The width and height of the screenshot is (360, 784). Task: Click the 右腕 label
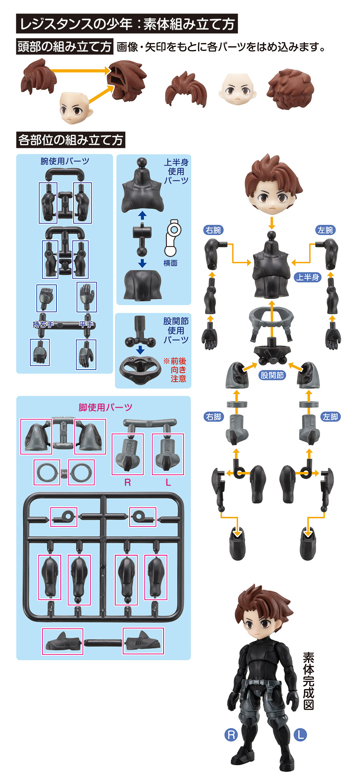click(x=213, y=230)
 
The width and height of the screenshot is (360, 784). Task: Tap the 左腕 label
click(x=325, y=230)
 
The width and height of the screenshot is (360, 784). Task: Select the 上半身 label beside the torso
click(x=308, y=277)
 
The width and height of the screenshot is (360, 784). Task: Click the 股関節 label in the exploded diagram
click(x=272, y=375)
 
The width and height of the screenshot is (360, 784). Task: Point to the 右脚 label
click(x=213, y=417)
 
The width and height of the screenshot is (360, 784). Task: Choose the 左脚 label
click(x=330, y=417)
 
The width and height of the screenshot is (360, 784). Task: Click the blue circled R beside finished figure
click(x=231, y=734)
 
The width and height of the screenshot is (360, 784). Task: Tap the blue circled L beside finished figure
click(x=300, y=734)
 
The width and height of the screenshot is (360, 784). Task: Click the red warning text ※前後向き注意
click(x=175, y=370)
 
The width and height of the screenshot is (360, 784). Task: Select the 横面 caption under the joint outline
click(x=170, y=263)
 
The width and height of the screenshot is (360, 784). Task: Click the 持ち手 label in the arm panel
click(x=43, y=324)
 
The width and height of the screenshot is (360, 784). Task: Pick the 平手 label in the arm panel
click(x=86, y=324)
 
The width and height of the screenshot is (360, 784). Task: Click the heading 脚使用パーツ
click(x=105, y=408)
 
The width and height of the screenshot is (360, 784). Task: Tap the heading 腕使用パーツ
click(x=65, y=161)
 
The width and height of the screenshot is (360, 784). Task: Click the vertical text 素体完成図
click(x=308, y=681)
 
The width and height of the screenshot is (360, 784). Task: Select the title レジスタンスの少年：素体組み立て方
click(x=127, y=24)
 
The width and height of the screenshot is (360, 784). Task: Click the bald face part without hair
click(x=237, y=89)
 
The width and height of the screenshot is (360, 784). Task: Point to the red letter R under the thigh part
click(x=128, y=482)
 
